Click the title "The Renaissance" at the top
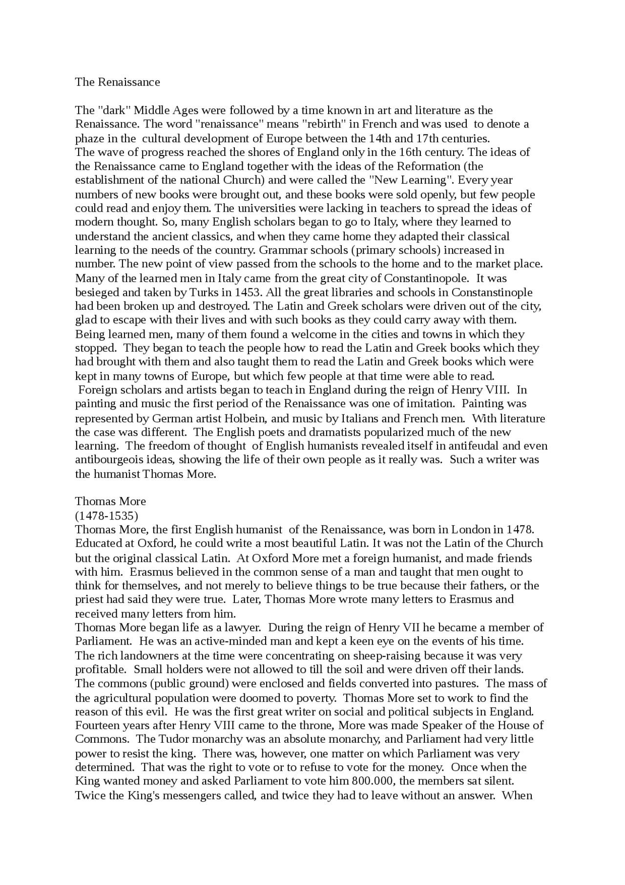pyautogui.click(x=117, y=82)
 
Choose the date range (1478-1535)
pyautogui.click(x=106, y=516)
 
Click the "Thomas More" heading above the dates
pyautogui.click(x=110, y=501)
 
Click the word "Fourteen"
pyautogui.click(x=96, y=725)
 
